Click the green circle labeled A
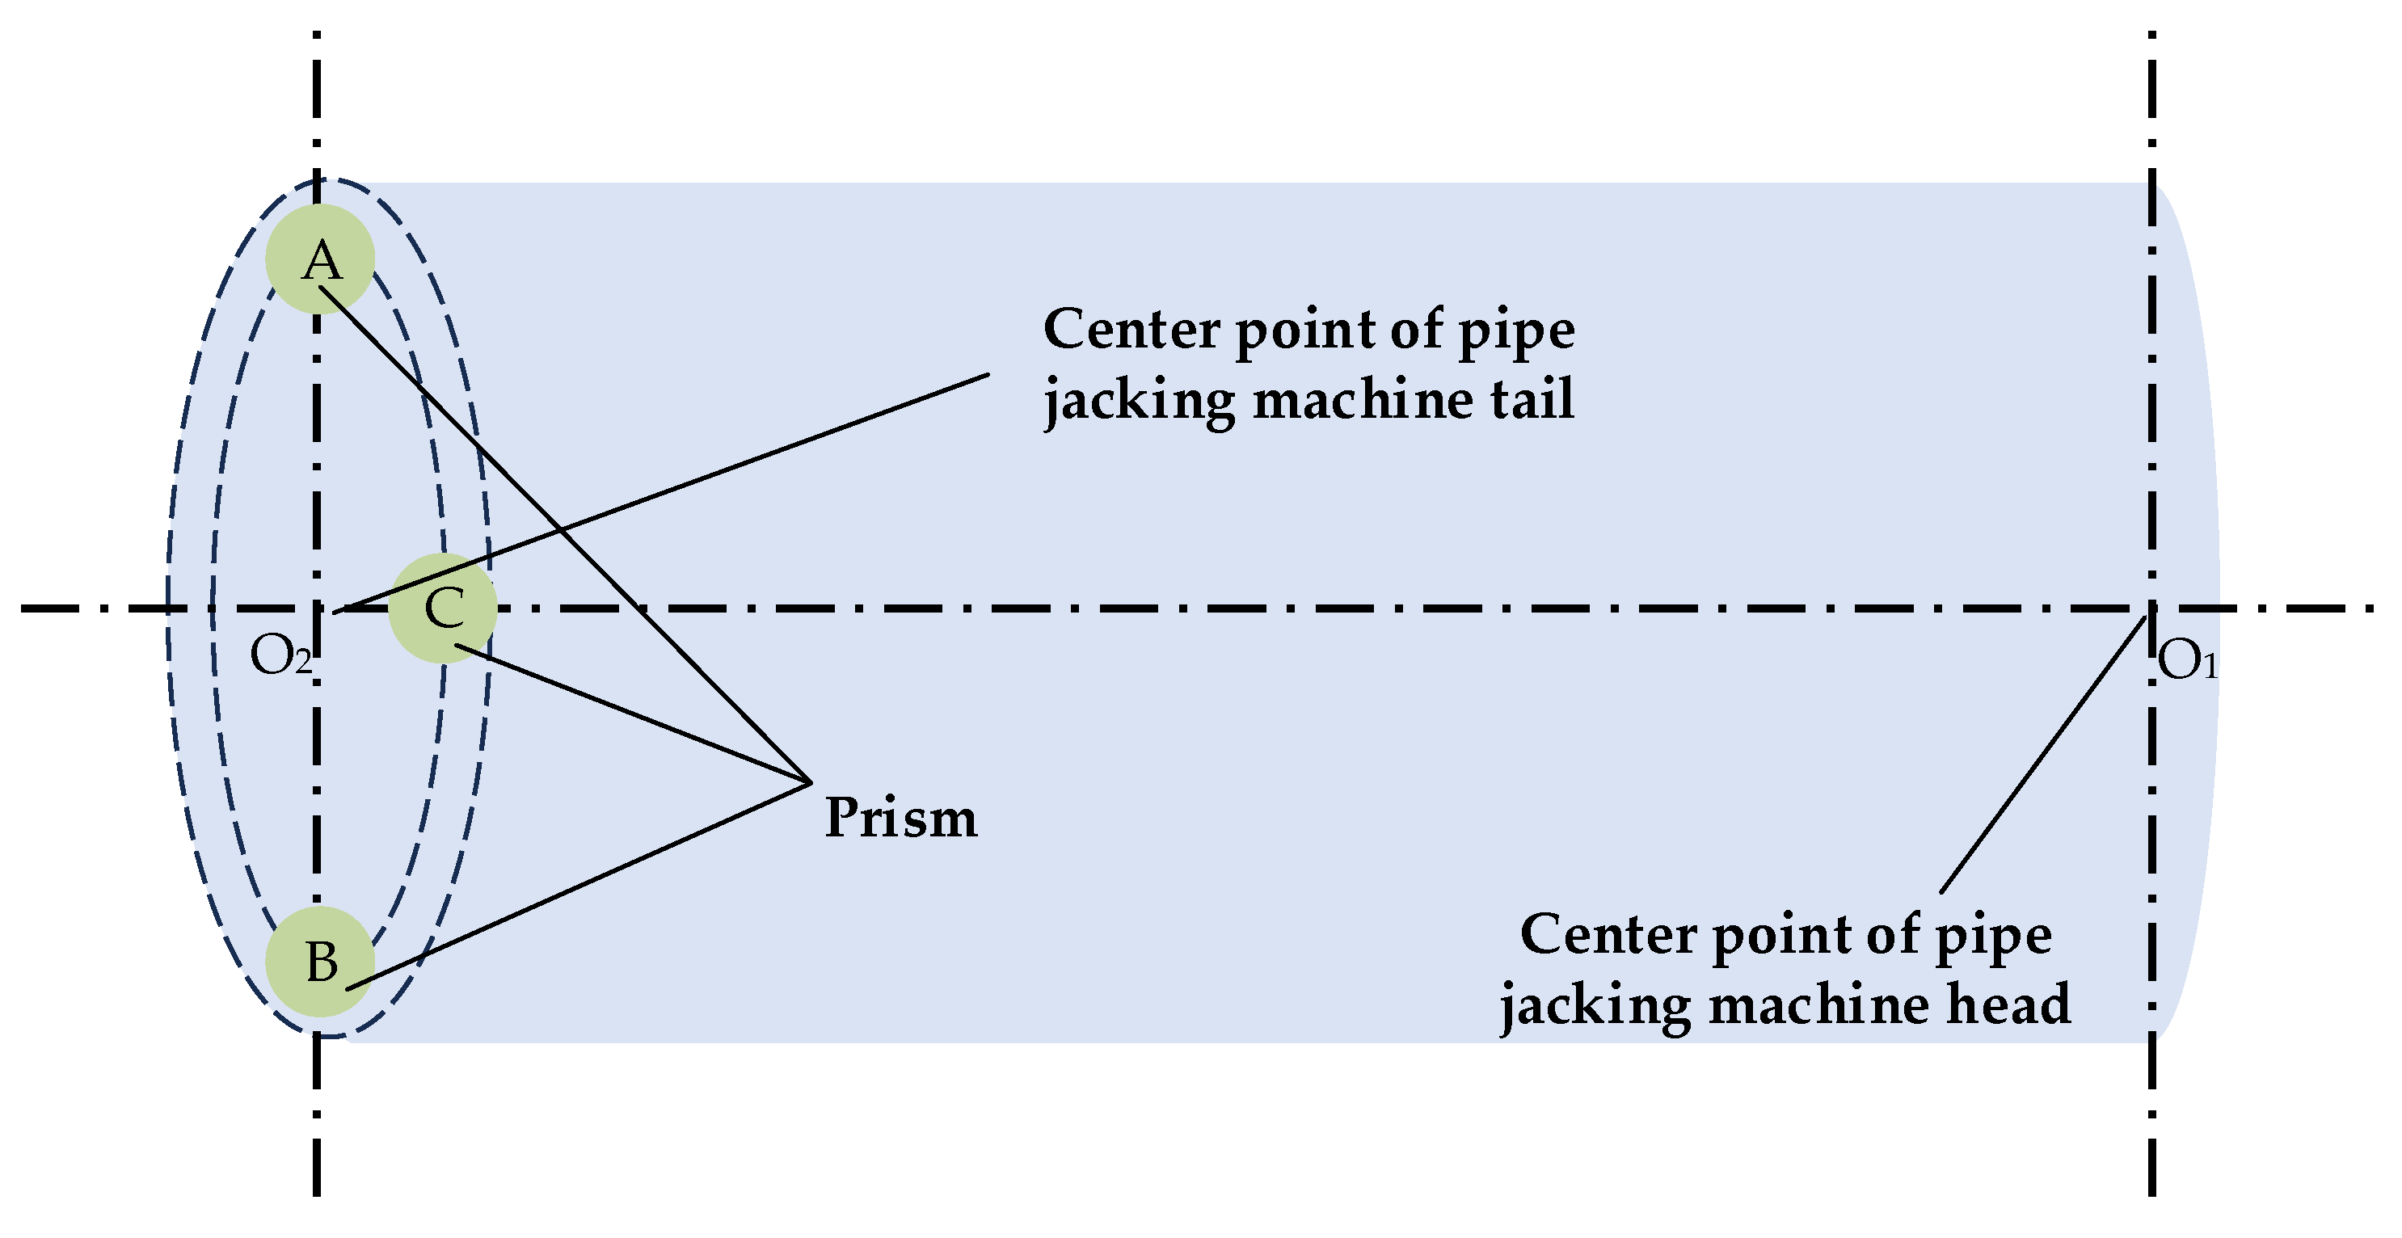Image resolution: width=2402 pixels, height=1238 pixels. pos(320,259)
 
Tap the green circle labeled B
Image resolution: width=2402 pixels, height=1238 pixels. pos(320,961)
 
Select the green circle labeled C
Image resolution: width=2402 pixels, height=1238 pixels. pos(443,608)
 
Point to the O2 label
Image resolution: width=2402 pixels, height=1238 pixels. pos(280,656)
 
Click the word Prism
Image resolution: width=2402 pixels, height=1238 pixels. pos(900,819)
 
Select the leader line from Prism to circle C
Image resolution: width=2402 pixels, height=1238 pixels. pos(634,714)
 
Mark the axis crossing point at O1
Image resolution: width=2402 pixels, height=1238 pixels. pos(2151,608)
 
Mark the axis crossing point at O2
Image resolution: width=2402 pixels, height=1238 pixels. pos(317,608)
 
